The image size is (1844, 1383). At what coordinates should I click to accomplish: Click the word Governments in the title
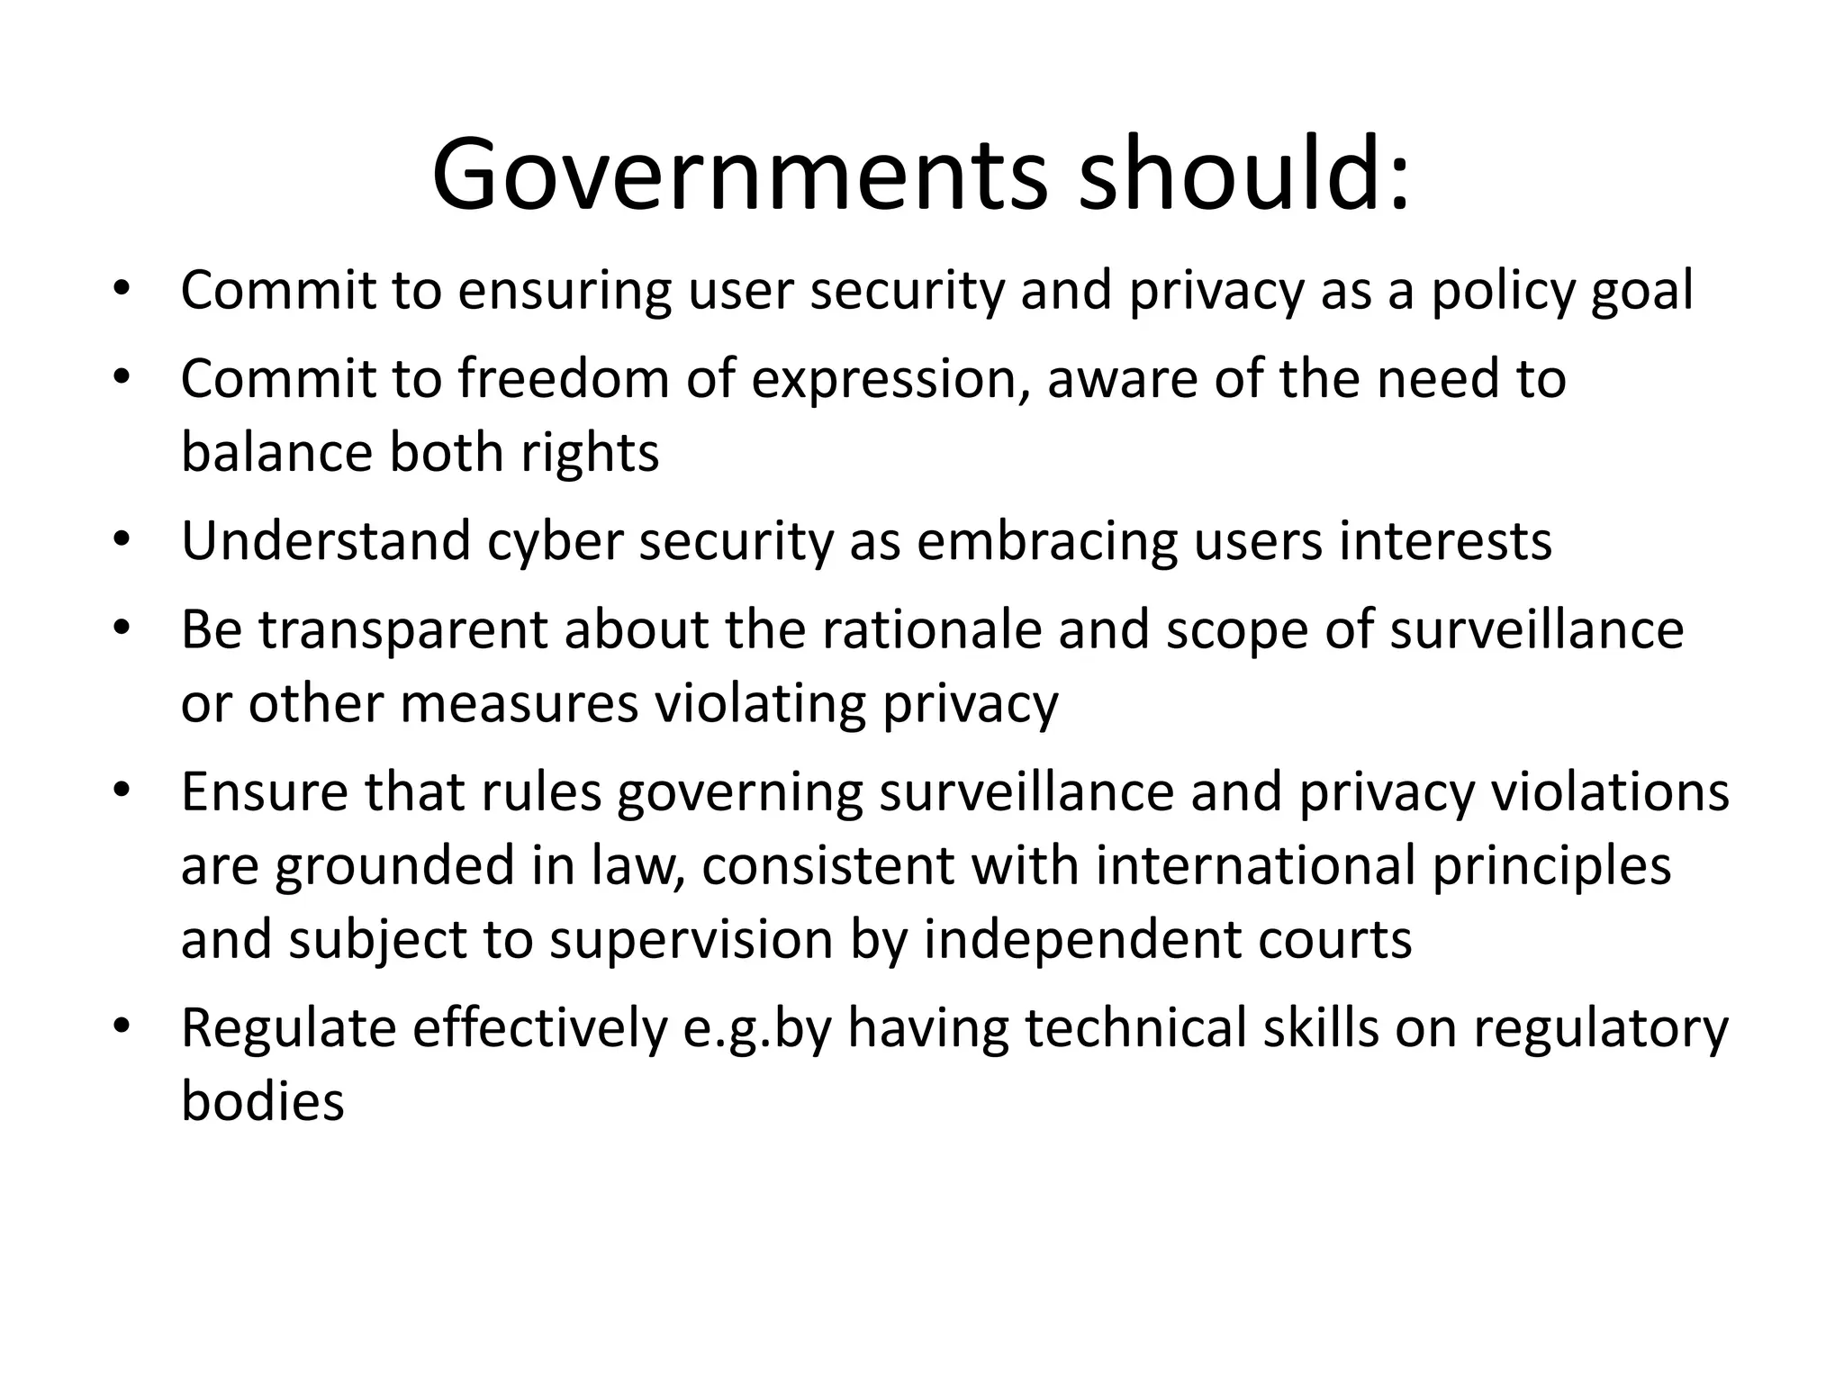pyautogui.click(x=740, y=176)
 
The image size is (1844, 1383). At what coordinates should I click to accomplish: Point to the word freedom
pyautogui.click(x=564, y=378)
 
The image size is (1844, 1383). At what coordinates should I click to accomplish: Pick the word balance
pyautogui.click(x=276, y=451)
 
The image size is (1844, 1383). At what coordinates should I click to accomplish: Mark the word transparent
pyautogui.click(x=403, y=631)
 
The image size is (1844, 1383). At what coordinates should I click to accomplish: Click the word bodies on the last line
pyautogui.click(x=263, y=1100)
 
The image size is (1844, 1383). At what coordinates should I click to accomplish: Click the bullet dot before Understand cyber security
pyautogui.click(x=122, y=540)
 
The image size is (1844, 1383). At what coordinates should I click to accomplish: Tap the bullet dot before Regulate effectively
pyautogui.click(x=122, y=1026)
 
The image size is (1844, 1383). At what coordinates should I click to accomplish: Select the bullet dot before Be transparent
pyautogui.click(x=122, y=628)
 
